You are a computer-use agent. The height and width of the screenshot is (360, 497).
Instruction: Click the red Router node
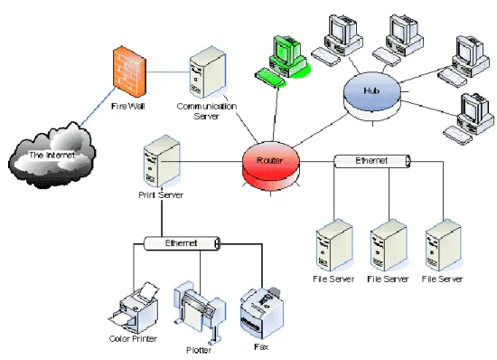tap(271, 166)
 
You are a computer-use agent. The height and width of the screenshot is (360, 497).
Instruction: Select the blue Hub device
tap(372, 96)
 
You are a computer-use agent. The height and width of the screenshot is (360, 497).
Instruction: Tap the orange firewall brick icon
tap(129, 72)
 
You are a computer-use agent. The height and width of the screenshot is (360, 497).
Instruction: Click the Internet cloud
tap(52, 155)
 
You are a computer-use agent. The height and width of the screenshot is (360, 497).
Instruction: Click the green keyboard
tap(270, 77)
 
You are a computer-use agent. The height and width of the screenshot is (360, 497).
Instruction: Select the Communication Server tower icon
tap(208, 72)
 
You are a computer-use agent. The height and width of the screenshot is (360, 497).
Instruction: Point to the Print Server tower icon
tap(162, 161)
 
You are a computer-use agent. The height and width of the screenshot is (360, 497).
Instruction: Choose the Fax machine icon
tap(261, 313)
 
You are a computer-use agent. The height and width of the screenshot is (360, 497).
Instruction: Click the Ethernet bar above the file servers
tap(372, 161)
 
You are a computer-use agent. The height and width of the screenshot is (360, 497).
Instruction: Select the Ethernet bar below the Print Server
tap(182, 243)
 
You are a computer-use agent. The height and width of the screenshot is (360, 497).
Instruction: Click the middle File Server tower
tap(389, 245)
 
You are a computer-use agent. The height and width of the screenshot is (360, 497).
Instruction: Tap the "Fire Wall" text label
tap(128, 106)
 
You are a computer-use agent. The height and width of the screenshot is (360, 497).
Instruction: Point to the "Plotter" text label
tap(199, 350)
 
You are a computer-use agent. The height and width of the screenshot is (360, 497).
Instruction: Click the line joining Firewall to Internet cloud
tap(98, 107)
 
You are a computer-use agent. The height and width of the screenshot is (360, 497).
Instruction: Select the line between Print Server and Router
tap(202, 162)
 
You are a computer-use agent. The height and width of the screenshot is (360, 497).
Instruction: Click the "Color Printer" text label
tap(133, 339)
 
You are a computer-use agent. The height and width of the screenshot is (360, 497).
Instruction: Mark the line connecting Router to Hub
tap(320, 131)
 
